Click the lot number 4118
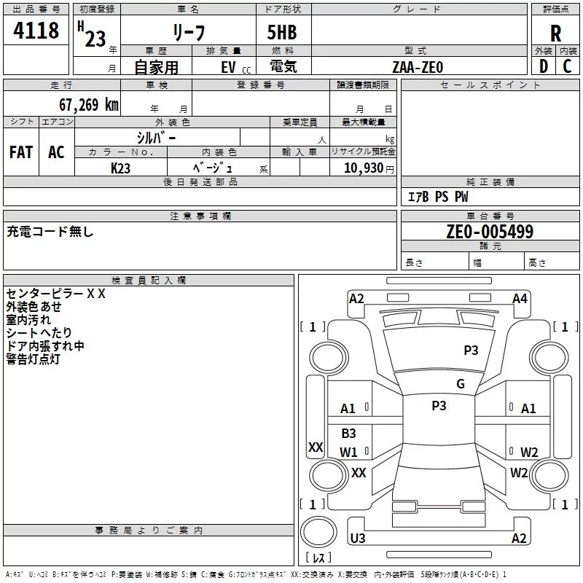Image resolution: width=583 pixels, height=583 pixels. coord(36,31)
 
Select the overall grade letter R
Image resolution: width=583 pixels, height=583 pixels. coord(555,34)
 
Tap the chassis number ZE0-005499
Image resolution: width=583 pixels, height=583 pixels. coord(490,232)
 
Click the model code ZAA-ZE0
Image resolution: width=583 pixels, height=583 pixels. coord(418,66)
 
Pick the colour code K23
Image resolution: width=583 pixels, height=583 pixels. coord(121,168)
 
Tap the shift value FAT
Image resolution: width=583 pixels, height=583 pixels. coord(21,152)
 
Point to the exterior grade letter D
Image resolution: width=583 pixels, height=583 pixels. coord(544,66)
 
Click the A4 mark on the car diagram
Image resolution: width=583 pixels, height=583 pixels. coord(520,299)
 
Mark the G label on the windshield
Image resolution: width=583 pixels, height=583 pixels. coord(461,384)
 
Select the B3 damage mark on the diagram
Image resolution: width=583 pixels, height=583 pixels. coord(349,434)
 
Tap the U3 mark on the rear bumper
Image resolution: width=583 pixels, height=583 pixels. coord(358,539)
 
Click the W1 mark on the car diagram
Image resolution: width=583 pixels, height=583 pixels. coord(349,452)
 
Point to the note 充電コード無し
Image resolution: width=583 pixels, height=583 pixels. coord(50,232)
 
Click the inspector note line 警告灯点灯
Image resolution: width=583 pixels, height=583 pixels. coord(33,359)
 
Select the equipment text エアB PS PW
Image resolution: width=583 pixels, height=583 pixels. coord(438,197)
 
